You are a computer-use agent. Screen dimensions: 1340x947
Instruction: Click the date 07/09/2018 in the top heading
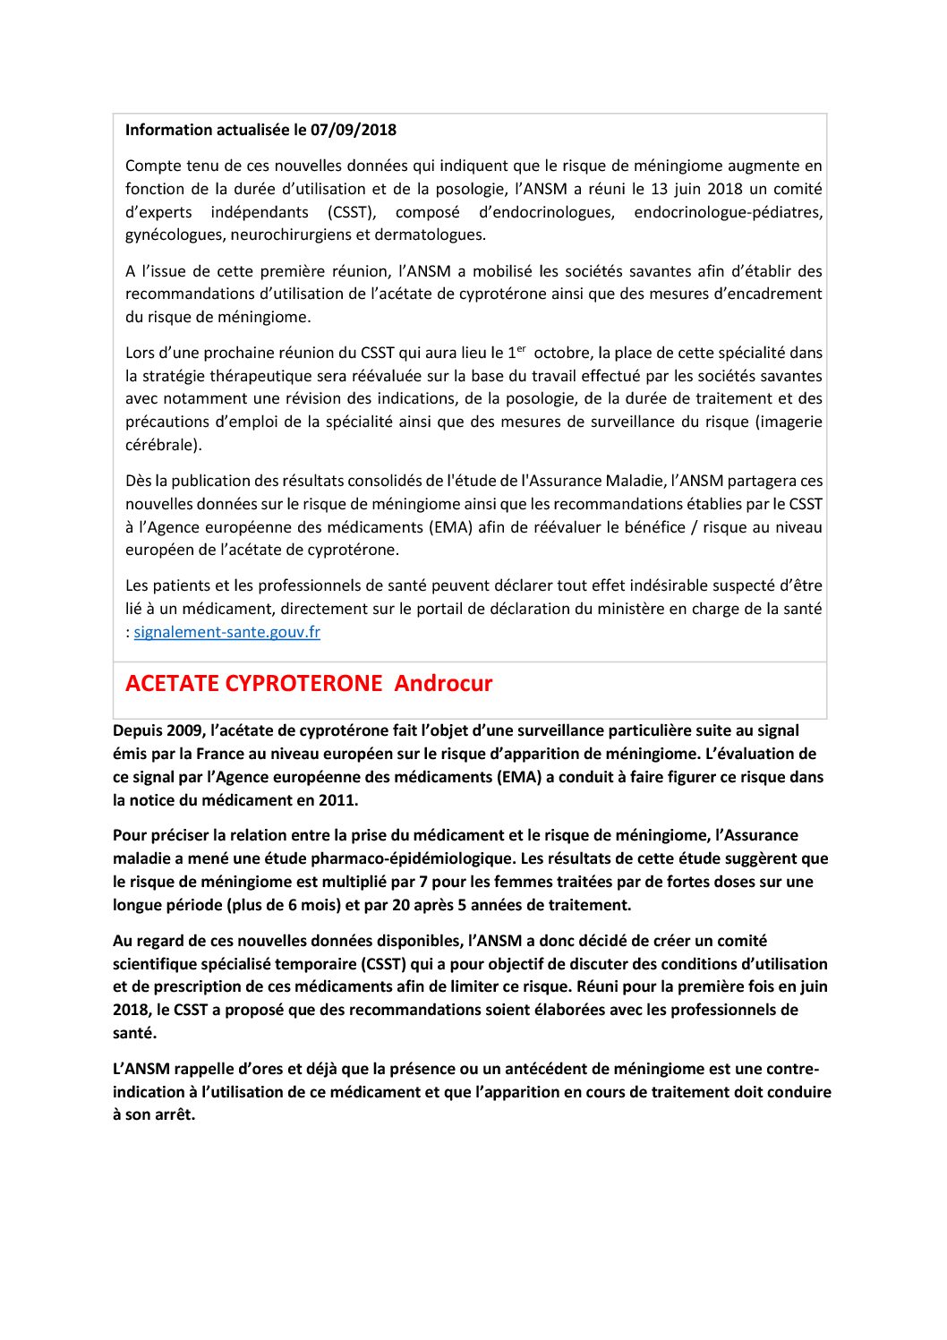coord(354,130)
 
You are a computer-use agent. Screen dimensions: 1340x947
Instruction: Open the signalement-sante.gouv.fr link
coord(226,632)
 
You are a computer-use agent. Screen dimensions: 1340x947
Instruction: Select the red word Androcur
coord(443,684)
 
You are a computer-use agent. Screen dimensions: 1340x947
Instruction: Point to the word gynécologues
coord(175,235)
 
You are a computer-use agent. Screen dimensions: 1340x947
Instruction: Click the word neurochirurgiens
coord(290,235)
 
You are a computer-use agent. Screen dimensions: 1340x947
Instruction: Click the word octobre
coord(562,354)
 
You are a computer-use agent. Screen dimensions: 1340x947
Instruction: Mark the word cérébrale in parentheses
coord(162,445)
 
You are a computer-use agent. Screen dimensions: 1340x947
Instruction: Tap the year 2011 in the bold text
coord(337,800)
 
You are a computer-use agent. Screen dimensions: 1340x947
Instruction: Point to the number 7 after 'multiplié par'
coord(423,882)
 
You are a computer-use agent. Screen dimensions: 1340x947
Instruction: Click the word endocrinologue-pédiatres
coord(727,212)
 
